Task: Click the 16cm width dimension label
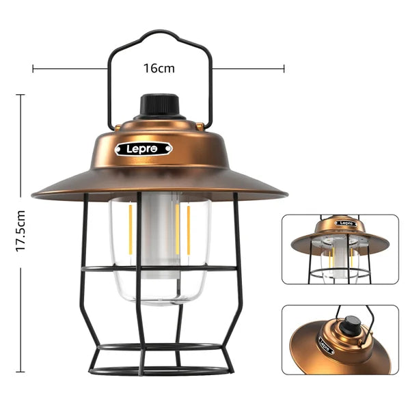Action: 159,68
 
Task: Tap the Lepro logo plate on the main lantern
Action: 143,148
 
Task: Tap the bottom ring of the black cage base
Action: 159,372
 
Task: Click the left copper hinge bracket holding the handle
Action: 117,127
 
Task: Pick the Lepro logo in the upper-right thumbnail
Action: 346,223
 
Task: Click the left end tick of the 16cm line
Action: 33,68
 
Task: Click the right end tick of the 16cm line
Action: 284,68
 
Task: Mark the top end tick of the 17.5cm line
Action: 20,95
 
